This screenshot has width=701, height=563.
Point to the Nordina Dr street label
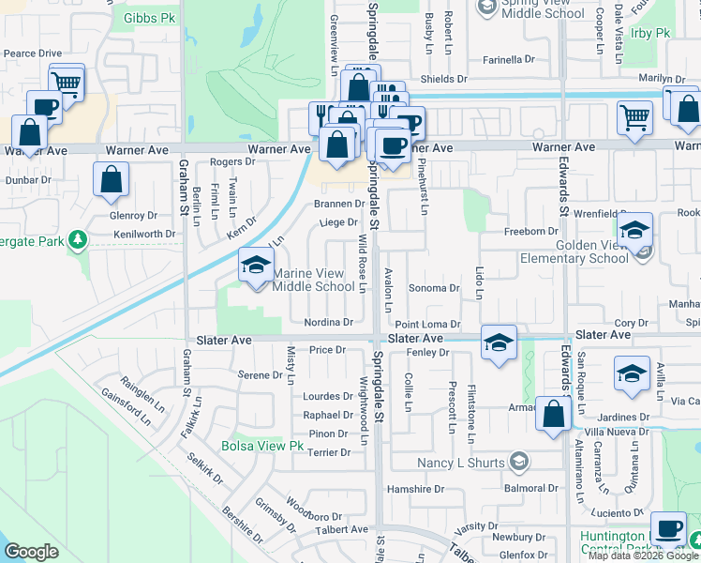pos(328,321)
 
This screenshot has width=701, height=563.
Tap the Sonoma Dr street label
pos(435,289)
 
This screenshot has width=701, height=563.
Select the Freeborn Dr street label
pos(531,231)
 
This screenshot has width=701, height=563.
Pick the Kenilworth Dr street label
pos(143,234)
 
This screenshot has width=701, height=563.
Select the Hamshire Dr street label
pos(415,489)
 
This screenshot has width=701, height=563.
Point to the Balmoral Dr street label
pos(531,489)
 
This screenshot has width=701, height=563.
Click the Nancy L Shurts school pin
pos(519,461)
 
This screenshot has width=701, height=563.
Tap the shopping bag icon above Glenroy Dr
pos(112,179)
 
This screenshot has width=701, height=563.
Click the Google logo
pos(31,552)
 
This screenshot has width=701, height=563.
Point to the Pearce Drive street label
pos(32,54)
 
